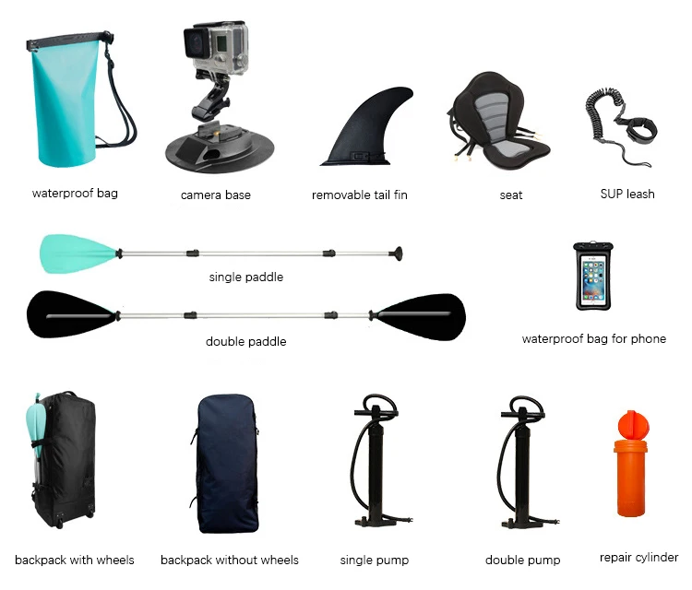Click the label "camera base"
[216, 195]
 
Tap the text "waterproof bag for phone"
[593, 338]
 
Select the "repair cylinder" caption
[638, 558]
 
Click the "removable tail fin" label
[360, 195]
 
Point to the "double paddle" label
[245, 341]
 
